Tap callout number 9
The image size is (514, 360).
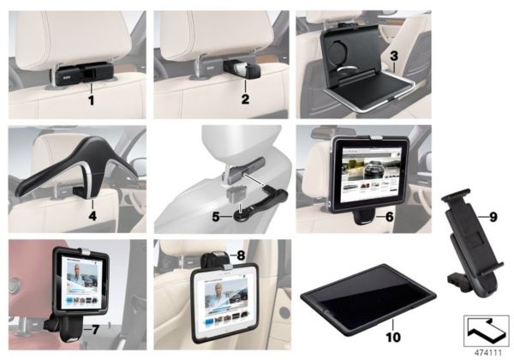[493, 217]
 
